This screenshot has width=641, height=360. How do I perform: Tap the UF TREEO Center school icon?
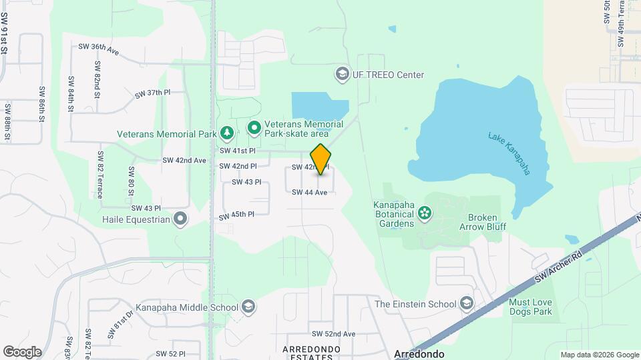[343, 73]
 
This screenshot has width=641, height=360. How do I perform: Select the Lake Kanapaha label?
[509, 153]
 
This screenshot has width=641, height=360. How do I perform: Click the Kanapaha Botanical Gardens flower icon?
[423, 213]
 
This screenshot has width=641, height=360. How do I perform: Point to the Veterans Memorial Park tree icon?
[227, 133]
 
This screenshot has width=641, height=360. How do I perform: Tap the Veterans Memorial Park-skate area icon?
[254, 127]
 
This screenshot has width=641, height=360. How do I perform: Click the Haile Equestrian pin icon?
[180, 219]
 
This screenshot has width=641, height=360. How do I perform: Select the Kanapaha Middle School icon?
[248, 307]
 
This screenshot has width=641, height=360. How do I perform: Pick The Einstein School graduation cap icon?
[467, 304]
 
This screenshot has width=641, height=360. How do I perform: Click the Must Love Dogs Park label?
[531, 307]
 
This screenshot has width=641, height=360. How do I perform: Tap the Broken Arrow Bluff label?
[487, 222]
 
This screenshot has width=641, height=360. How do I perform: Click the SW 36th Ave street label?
[98, 48]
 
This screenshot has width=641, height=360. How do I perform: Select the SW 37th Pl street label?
[153, 93]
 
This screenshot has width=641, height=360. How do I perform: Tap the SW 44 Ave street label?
[309, 192]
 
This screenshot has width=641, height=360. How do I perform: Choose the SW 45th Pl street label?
[236, 215]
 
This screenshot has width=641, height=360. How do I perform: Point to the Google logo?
[22, 352]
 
